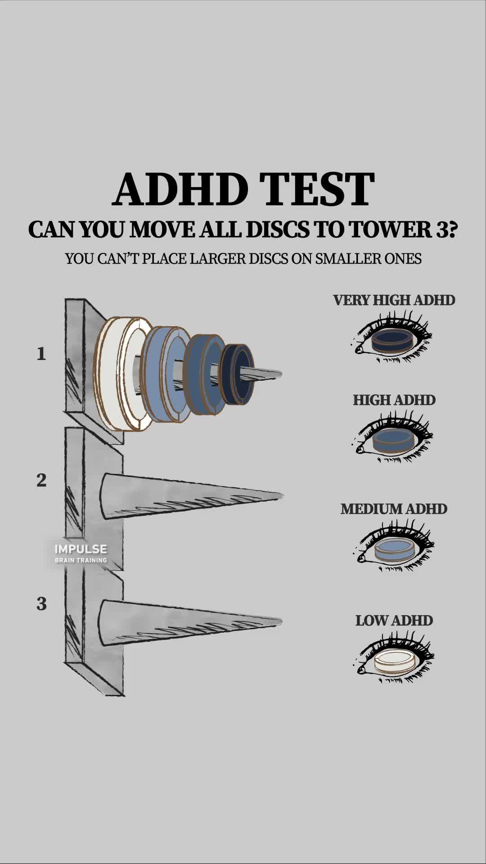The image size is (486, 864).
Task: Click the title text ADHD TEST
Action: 243,189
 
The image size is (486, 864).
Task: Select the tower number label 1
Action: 41,354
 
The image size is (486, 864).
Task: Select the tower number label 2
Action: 41,481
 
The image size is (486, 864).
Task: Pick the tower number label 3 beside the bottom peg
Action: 41,604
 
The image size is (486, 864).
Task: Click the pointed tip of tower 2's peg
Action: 280,495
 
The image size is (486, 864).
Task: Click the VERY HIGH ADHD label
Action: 394,300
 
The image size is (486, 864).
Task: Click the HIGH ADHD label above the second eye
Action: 394,400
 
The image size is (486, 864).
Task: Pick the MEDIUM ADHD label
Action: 394,509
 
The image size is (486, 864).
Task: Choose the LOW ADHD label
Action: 394,621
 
